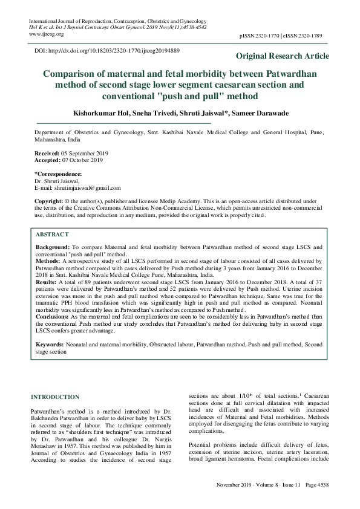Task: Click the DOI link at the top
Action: point(106,51)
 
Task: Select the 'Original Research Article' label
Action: point(283,56)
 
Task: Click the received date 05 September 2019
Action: point(79,154)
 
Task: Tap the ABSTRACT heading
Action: point(52,234)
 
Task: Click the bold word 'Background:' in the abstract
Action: point(53,248)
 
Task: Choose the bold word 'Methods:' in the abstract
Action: point(48,261)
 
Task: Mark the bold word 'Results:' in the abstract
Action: point(47,282)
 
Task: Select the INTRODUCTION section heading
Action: point(55,397)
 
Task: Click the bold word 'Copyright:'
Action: point(49,200)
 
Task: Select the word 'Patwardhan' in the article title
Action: point(283,74)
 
